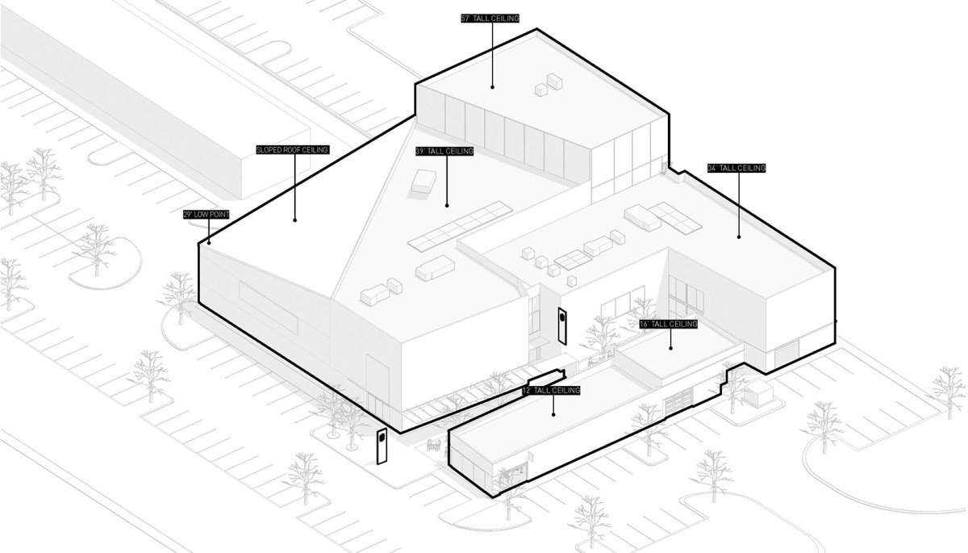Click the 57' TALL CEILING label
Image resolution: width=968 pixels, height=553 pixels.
click(490, 19)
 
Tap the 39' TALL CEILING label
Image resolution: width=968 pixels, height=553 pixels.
click(444, 151)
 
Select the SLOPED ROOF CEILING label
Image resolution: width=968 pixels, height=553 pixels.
click(293, 150)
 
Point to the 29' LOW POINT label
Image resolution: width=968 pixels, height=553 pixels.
click(207, 215)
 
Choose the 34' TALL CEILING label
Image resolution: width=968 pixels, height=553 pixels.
click(736, 168)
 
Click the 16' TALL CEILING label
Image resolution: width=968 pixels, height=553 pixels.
click(669, 325)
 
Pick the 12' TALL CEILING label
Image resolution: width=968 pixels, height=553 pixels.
click(551, 391)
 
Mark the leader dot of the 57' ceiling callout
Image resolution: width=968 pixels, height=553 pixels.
click(493, 87)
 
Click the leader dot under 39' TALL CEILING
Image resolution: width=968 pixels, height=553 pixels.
click(447, 205)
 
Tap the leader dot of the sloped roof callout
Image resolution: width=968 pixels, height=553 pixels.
click(294, 220)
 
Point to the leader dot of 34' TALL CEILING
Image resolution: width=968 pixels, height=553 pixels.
click(739, 237)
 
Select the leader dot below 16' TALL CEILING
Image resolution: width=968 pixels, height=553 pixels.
click(670, 348)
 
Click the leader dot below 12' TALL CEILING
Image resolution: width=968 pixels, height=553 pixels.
click(553, 415)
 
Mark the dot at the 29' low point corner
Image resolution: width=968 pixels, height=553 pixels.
click(209, 243)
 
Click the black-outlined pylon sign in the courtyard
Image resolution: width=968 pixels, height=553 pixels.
click(563, 326)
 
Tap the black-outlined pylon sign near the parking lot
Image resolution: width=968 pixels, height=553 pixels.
click(382, 446)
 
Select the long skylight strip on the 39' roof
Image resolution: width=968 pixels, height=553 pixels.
click(461, 226)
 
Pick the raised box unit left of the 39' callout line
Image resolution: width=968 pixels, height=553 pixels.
click(424, 181)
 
